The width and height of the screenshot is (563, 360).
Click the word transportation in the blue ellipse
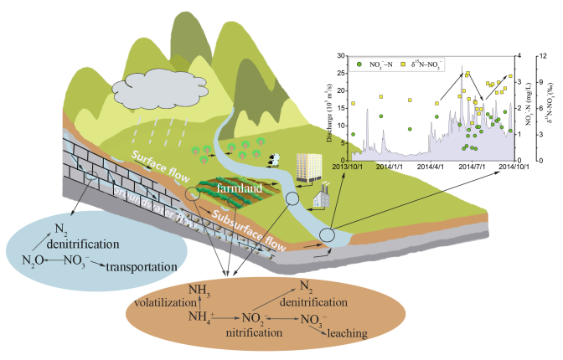140,267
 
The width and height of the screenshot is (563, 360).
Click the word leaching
348,334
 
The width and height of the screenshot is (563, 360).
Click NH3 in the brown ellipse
199,290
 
